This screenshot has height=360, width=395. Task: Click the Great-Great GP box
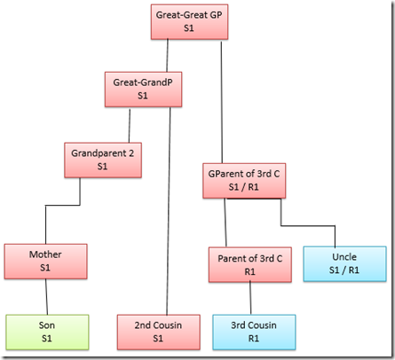click(x=189, y=21)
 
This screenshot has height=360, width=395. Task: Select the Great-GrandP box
click(x=143, y=89)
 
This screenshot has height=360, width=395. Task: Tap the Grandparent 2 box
click(x=103, y=160)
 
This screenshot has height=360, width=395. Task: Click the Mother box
click(x=45, y=262)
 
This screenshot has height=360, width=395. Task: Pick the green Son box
click(x=47, y=333)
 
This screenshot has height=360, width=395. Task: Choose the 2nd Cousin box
click(x=159, y=333)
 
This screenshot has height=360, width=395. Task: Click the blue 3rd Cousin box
click(x=254, y=333)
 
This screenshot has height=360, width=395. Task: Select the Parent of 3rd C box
click(x=250, y=264)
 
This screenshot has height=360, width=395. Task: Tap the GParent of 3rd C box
click(x=244, y=181)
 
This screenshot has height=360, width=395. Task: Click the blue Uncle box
click(x=344, y=263)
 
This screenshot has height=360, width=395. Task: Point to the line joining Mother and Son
click(x=46, y=297)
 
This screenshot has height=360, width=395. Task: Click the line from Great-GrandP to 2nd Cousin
click(x=169, y=211)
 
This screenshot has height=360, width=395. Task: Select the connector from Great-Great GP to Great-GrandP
click(x=167, y=55)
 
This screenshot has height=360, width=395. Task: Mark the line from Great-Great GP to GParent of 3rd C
click(x=222, y=102)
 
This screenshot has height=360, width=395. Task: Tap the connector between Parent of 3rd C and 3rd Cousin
click(x=250, y=298)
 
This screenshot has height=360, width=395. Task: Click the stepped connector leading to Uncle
click(x=308, y=226)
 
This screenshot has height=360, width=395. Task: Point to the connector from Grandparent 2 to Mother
click(x=62, y=205)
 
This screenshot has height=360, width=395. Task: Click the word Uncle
click(x=344, y=257)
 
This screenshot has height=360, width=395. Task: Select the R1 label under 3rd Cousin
click(x=254, y=338)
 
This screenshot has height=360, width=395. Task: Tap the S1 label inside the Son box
click(x=47, y=338)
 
